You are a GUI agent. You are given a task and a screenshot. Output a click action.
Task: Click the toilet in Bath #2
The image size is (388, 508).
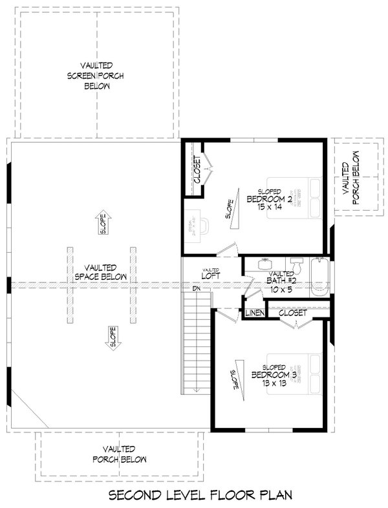(x=297, y=265)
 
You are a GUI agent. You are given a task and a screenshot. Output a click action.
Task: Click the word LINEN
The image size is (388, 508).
(x=253, y=313)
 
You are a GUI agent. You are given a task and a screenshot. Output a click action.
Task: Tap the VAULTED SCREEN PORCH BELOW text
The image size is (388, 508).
(x=96, y=76)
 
